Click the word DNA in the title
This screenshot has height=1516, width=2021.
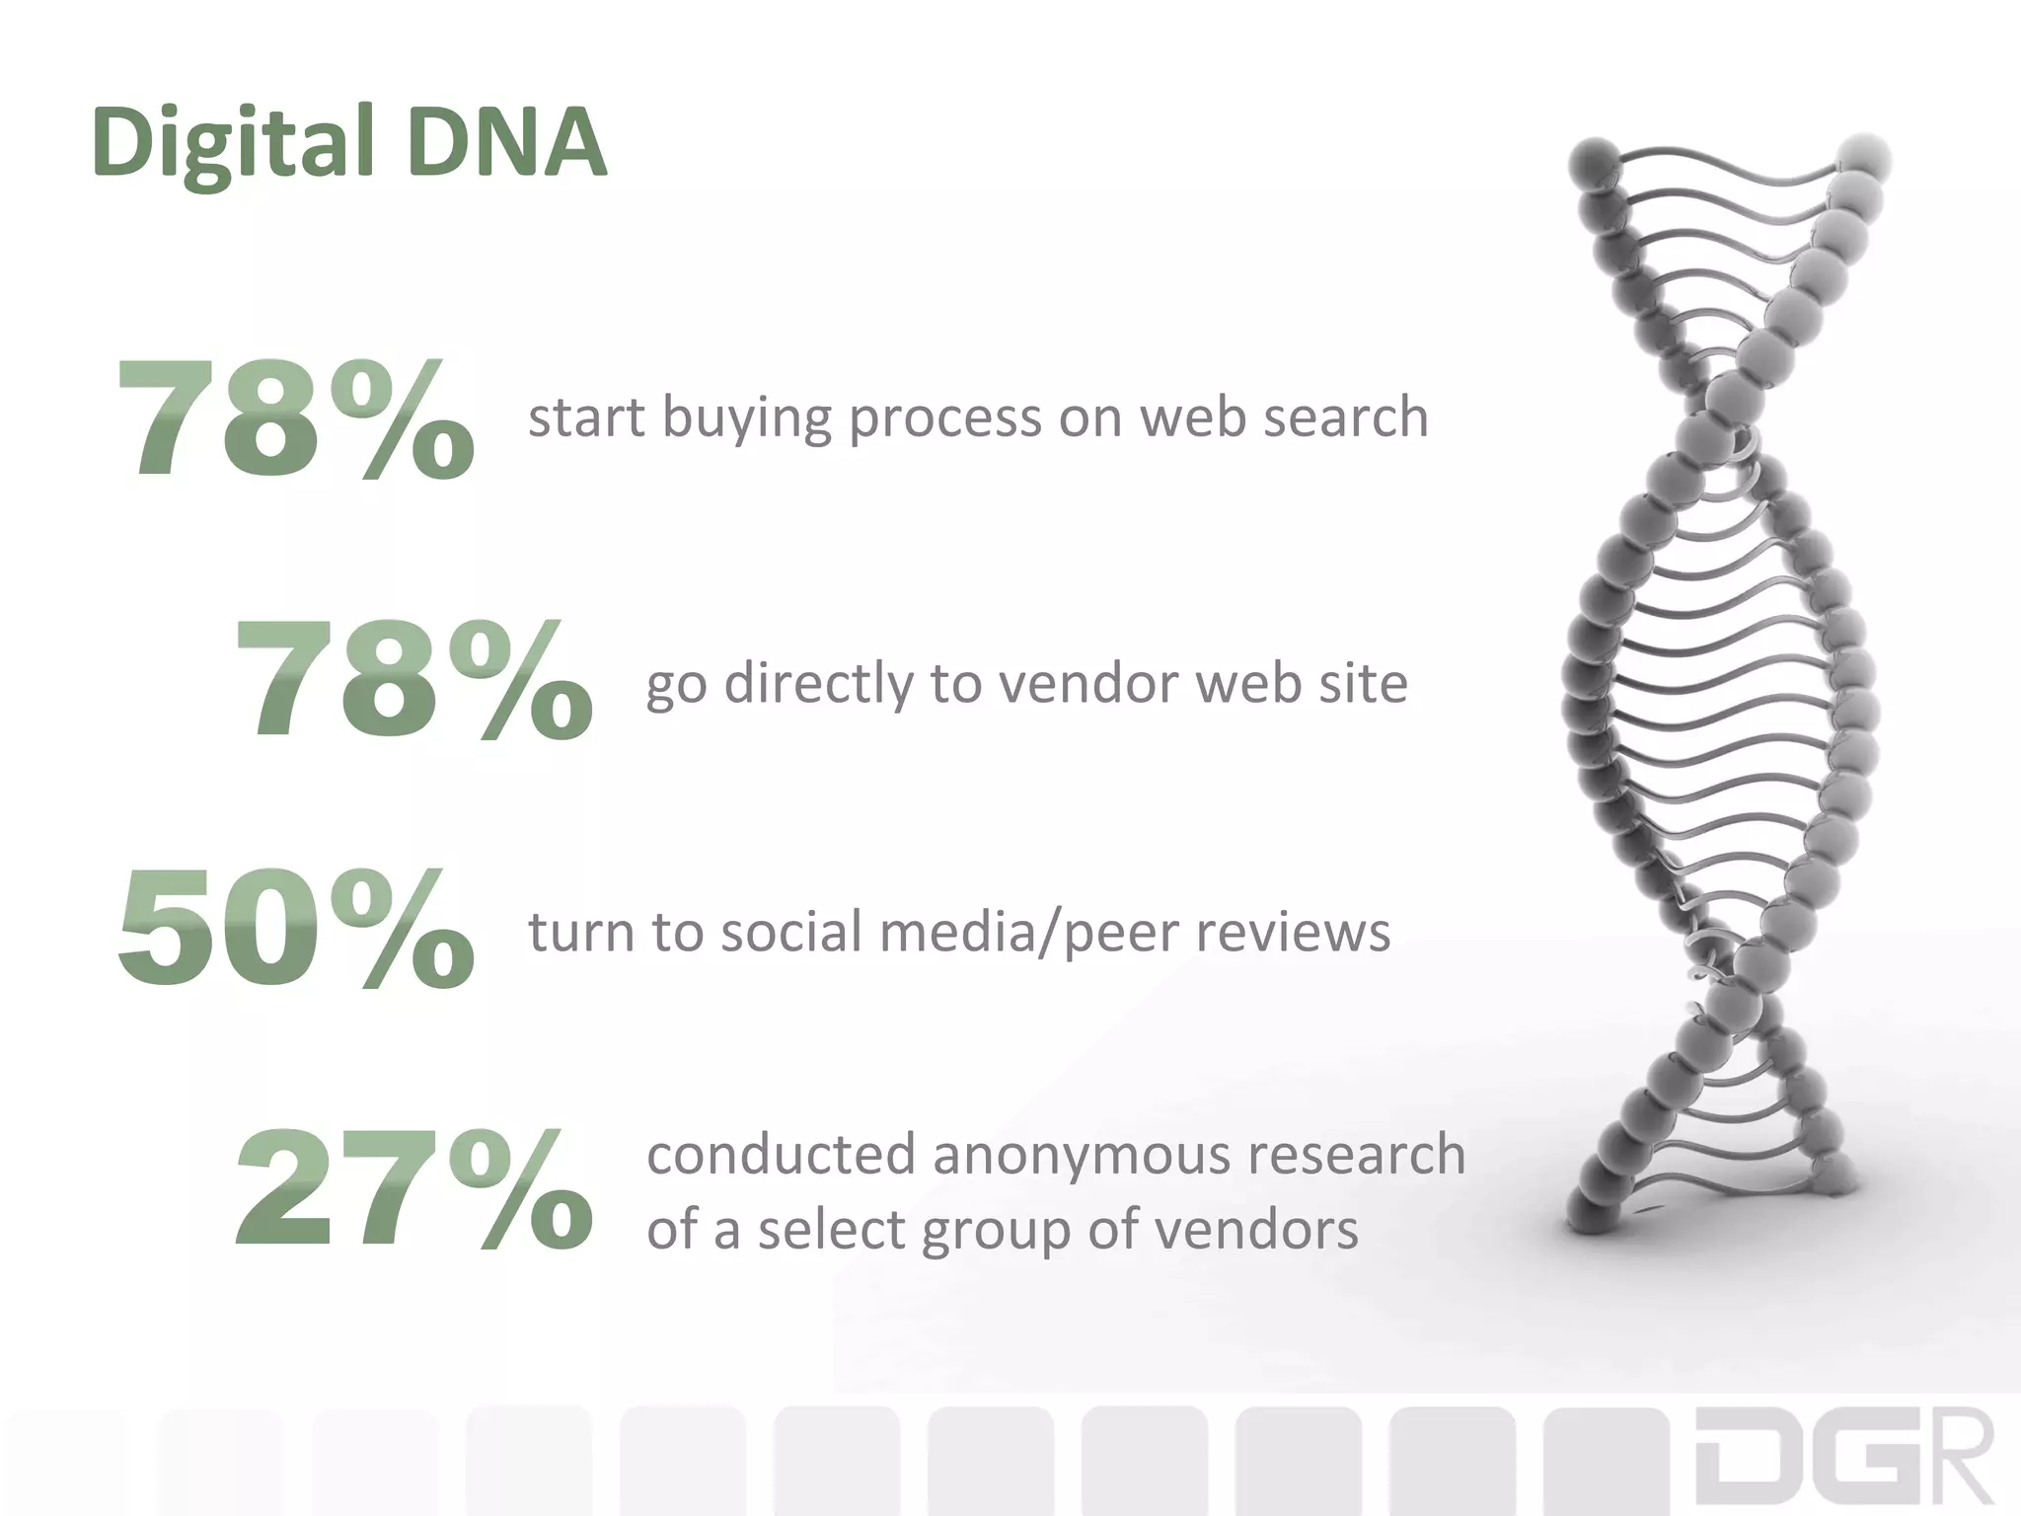(505, 143)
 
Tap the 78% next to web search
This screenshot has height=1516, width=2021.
(295, 419)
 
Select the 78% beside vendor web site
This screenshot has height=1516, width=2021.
(413, 682)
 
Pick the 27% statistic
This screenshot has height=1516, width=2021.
(413, 1191)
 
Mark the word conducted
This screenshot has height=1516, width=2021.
(781, 1155)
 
